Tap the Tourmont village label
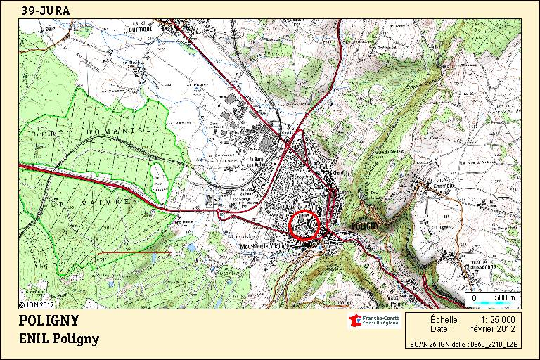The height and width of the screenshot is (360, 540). tap(139, 29)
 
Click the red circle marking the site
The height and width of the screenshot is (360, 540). tap(304, 226)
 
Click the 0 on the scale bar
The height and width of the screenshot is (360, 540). tap(474, 298)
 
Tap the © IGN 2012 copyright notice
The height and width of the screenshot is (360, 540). tap(36, 305)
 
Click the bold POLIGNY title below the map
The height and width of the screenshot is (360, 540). tap(49, 321)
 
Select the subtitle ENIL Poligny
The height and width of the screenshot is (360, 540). tap(59, 339)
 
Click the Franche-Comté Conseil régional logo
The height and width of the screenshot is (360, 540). tap(374, 321)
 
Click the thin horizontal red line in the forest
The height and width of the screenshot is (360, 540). tap(134, 252)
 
